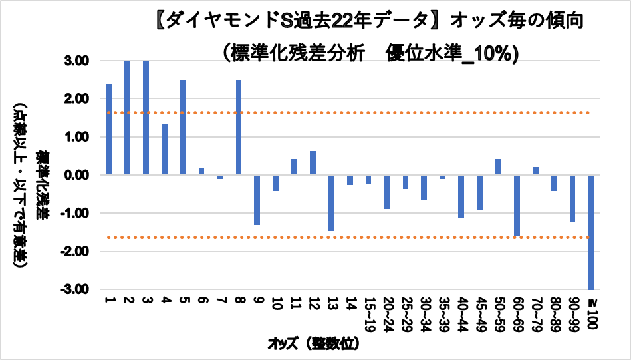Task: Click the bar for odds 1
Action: point(108,130)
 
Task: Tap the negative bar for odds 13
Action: point(331,202)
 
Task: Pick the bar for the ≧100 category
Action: point(590,232)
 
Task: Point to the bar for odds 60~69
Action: point(516,205)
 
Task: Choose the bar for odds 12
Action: point(313,163)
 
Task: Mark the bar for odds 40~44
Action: point(461,196)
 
